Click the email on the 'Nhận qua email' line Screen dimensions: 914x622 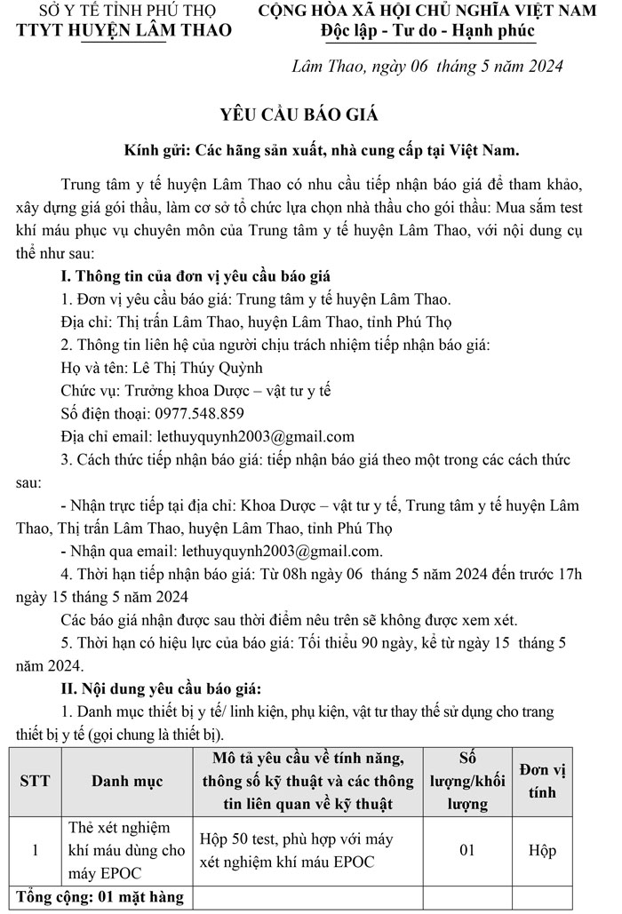tap(281, 551)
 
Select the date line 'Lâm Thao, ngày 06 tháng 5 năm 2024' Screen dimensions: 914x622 tap(427, 67)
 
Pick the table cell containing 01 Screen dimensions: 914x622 tap(467, 850)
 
